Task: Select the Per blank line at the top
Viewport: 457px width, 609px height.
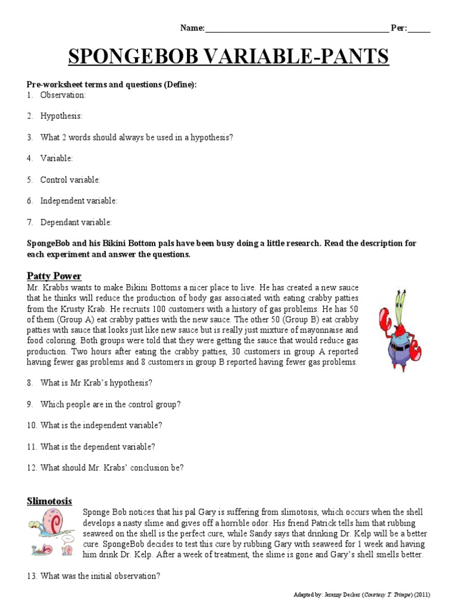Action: coord(419,29)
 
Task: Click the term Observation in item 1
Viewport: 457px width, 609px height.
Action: coord(63,95)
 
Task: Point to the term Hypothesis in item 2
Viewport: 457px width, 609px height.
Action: coord(61,116)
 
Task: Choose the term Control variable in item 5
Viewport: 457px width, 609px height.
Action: coord(70,180)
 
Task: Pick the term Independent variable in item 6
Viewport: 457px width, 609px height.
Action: coord(79,201)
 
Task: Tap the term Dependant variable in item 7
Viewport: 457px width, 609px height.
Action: coord(76,222)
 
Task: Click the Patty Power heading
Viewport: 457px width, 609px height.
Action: coord(54,276)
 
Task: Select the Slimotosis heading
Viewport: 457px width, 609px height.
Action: coord(49,501)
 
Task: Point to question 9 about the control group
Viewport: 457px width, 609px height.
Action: coord(110,404)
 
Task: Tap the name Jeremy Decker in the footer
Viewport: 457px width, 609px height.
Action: coord(342,595)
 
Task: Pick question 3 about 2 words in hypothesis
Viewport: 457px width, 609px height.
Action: coord(136,137)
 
